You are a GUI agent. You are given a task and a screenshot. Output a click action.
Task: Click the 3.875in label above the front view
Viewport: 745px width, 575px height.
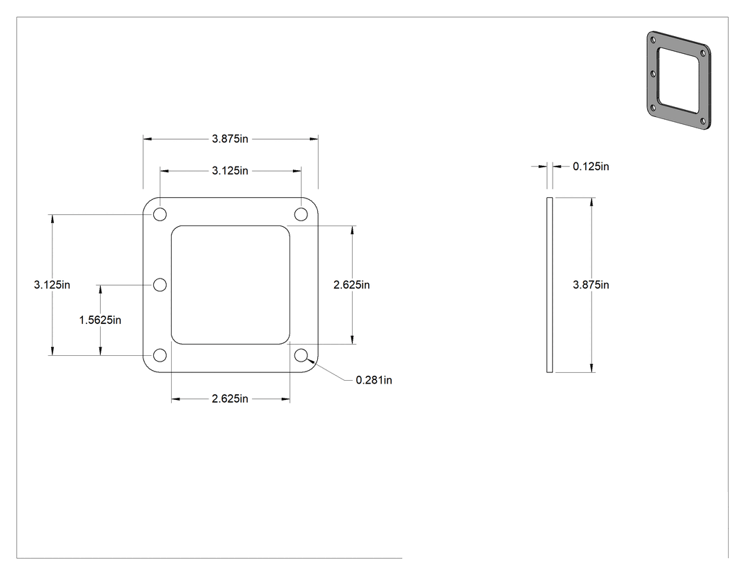[x=230, y=139]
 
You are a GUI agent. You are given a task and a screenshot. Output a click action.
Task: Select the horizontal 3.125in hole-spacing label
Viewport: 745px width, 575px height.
[x=230, y=170]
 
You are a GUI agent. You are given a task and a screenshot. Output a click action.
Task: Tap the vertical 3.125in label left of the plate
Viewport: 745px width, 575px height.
[x=52, y=284]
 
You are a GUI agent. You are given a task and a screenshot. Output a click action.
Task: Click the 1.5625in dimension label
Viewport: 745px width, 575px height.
[x=100, y=320]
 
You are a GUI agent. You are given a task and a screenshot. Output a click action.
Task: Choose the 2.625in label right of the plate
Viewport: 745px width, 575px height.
[x=352, y=284]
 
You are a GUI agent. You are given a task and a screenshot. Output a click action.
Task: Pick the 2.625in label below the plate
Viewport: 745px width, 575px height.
[x=230, y=398]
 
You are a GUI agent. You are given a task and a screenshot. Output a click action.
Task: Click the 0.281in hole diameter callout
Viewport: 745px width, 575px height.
[x=374, y=380]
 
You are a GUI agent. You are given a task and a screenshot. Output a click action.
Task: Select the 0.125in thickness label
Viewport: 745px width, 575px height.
[x=591, y=166]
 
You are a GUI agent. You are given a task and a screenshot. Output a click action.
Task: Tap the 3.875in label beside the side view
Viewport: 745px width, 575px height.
[x=591, y=284]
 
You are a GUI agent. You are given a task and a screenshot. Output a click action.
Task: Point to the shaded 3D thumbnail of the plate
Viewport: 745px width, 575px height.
[x=678, y=80]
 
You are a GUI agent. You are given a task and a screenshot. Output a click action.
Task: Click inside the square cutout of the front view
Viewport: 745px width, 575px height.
[x=231, y=285]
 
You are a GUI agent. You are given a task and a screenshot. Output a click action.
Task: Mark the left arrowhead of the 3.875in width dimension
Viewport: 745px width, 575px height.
[x=148, y=139]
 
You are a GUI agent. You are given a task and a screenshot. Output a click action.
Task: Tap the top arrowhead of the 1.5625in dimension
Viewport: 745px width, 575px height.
[x=100, y=289]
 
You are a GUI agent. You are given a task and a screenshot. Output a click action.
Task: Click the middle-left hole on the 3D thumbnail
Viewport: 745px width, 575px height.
[x=653, y=74]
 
